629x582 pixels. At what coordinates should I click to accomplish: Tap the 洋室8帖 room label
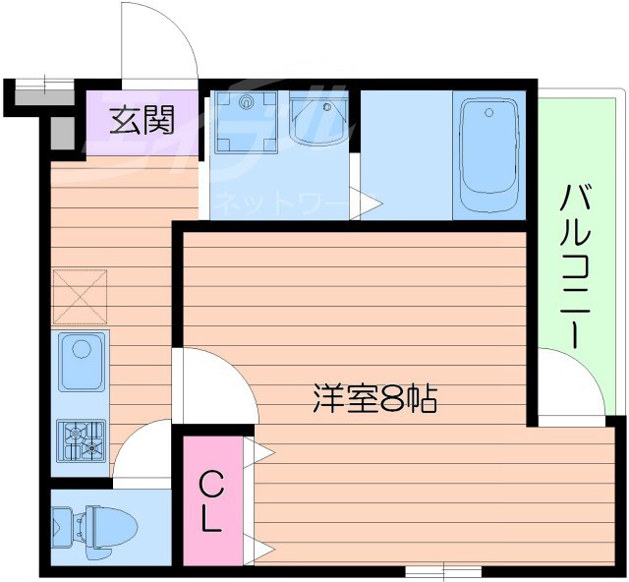point(374,398)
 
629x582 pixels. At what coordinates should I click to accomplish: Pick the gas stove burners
point(82,438)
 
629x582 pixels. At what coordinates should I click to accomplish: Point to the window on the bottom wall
point(442,570)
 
